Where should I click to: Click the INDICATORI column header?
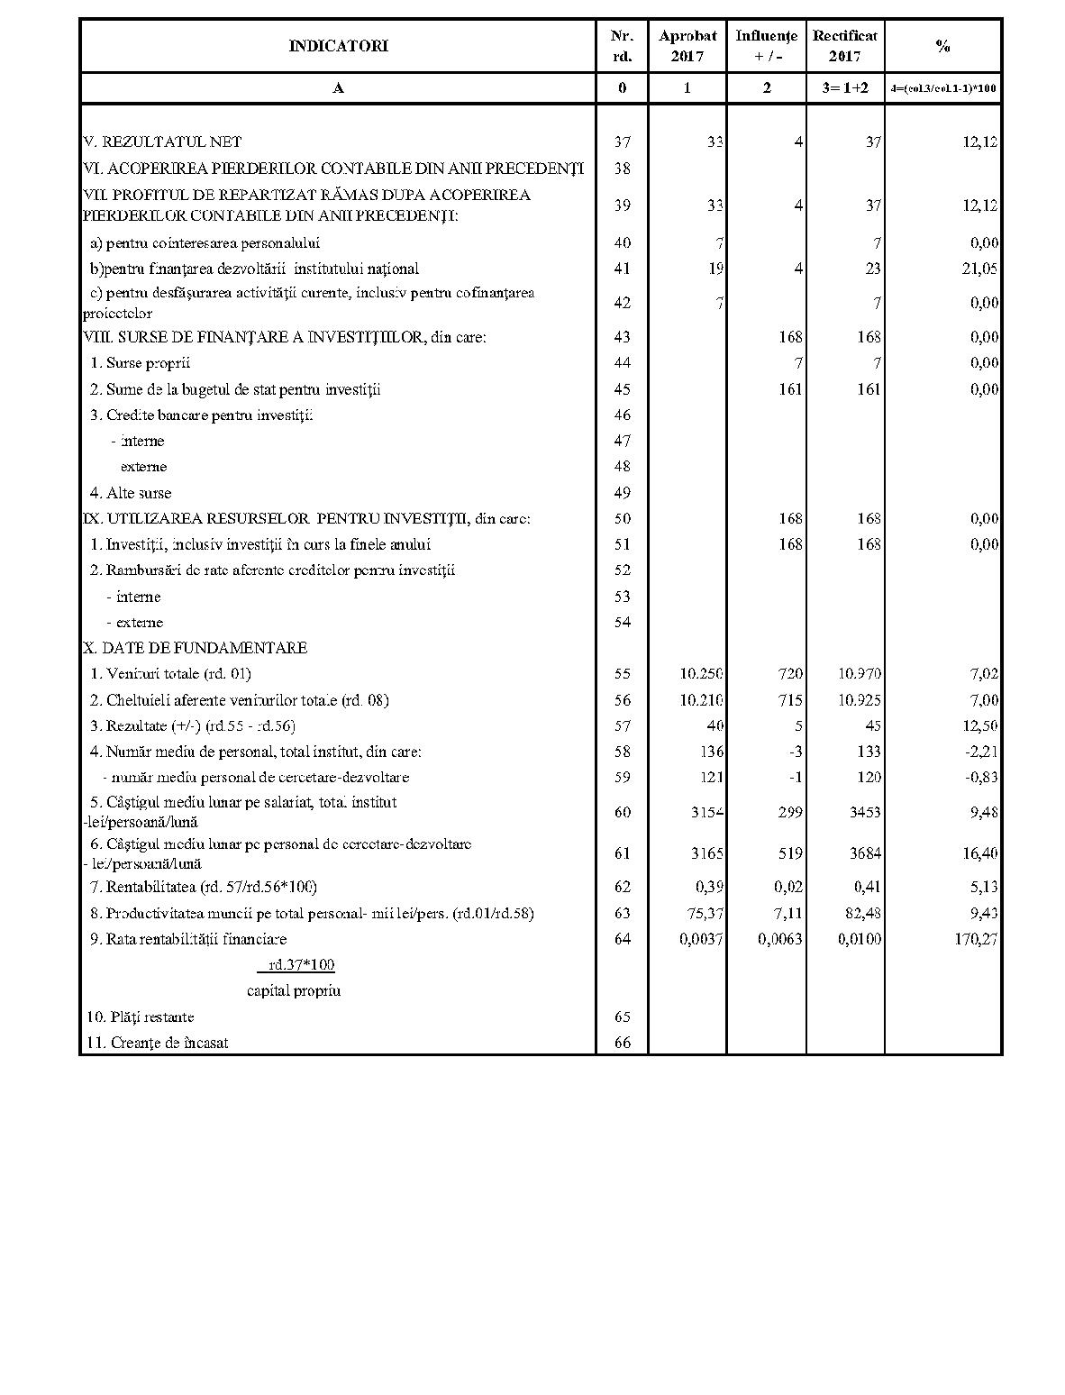[x=338, y=46]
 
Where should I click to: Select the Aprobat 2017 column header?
[x=687, y=46]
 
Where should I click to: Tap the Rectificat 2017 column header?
[x=844, y=46]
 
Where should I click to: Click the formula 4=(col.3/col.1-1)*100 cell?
[x=942, y=88]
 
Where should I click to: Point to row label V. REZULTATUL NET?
[x=162, y=141]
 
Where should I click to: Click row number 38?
[x=622, y=169]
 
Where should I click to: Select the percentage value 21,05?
[x=980, y=269]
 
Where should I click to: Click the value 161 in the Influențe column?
[x=790, y=389]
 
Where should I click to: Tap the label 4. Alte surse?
[x=130, y=493]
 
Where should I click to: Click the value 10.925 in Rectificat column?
[x=860, y=699]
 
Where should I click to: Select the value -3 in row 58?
[x=796, y=752]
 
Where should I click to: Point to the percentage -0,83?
[x=980, y=777]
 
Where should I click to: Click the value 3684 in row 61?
[x=865, y=852]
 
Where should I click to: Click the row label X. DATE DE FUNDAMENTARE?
[x=195, y=648]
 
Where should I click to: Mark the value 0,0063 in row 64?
[x=780, y=939]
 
